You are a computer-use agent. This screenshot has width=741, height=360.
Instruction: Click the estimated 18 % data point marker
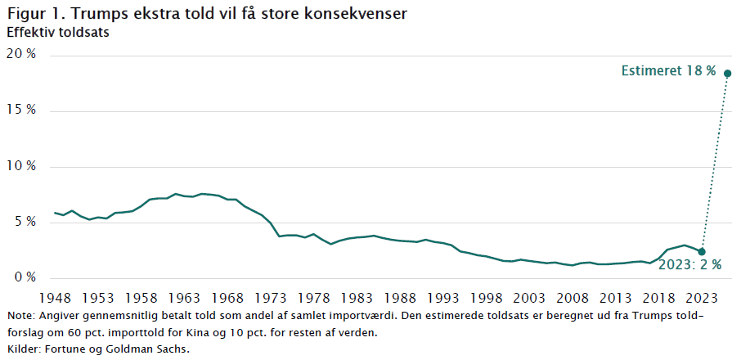(x=727, y=74)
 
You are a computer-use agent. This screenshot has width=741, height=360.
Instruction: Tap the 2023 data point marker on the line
(x=702, y=251)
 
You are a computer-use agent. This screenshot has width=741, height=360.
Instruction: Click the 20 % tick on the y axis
(x=21, y=55)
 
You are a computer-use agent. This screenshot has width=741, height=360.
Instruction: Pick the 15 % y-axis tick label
(x=21, y=110)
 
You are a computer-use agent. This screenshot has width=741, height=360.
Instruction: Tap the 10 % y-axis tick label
(x=21, y=166)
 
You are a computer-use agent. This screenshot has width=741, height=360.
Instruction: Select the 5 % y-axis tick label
(x=25, y=222)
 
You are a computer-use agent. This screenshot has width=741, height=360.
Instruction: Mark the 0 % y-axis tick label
(x=25, y=277)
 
